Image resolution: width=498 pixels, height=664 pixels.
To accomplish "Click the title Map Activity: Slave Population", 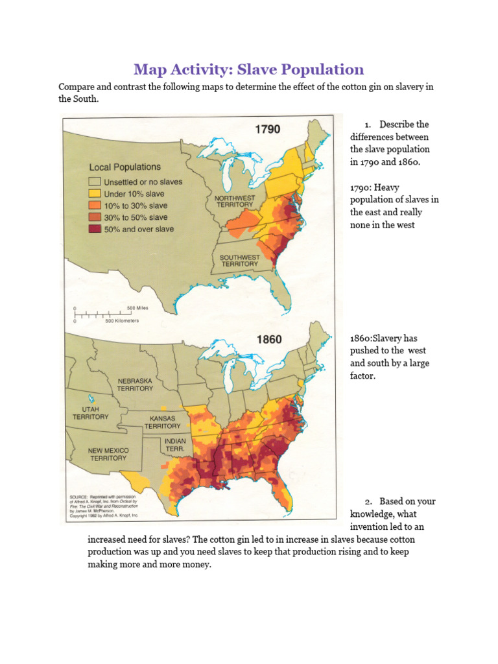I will pos(248,69).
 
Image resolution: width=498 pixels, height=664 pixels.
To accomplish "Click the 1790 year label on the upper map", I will pos(267,129).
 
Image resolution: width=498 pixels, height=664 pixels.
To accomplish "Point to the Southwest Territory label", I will pos(240,261).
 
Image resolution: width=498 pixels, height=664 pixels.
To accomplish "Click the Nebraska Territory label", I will pos(135,385).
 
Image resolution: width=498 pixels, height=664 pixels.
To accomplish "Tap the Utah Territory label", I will pos(91,413).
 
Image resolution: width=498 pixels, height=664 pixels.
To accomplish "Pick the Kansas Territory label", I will pos(163,422).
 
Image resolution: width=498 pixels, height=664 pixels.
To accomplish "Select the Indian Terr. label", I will pos(174,445).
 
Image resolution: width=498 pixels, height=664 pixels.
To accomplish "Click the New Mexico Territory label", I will pos(108,454).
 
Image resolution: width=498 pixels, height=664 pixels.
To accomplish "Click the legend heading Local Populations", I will pos(125,167).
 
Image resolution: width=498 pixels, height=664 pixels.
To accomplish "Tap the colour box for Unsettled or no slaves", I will pos(95,182).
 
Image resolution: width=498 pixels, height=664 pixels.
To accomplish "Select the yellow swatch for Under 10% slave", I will pos(95,194).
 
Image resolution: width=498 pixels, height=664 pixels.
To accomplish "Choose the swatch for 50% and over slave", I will pos(95,229).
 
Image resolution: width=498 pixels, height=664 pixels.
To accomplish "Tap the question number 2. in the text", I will pos(368,502).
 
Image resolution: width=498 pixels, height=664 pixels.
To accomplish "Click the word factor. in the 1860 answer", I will pos(362,375).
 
